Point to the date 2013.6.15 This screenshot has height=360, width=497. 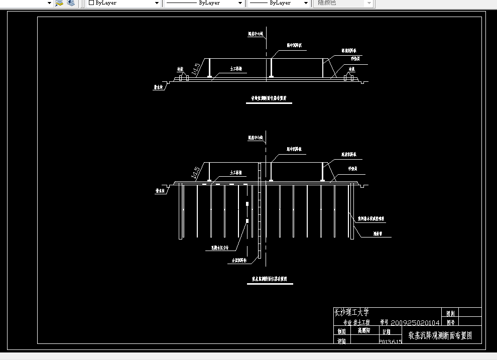391,341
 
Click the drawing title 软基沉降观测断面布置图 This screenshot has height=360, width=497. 440,335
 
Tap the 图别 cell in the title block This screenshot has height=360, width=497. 450,313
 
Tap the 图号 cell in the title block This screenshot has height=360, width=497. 450,323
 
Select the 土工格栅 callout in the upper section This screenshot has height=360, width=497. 236,69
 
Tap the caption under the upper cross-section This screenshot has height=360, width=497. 269,99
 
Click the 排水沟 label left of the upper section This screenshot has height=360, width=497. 158,87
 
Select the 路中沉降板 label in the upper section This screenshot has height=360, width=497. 294,45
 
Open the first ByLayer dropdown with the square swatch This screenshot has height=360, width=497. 123,3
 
